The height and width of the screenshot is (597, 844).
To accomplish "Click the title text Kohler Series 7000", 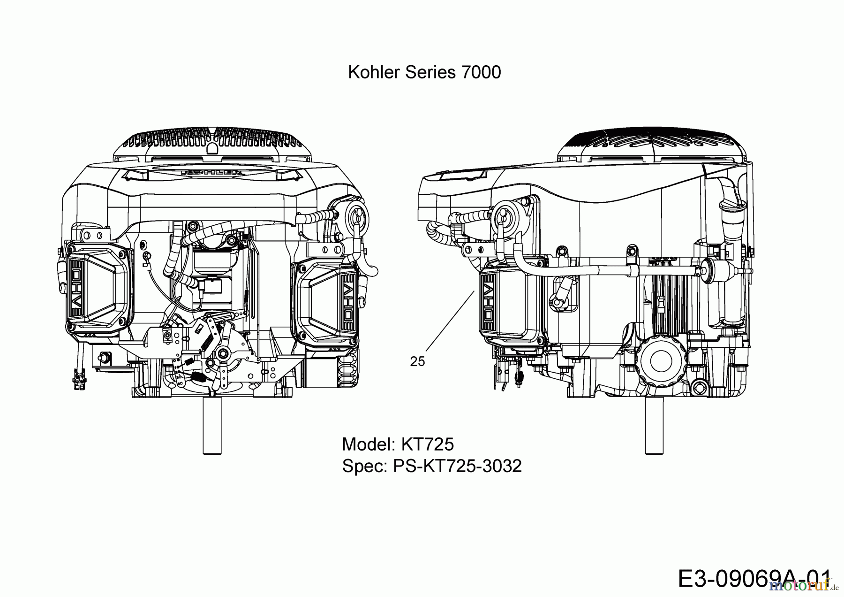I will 424,72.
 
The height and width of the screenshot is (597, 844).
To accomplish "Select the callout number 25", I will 417,361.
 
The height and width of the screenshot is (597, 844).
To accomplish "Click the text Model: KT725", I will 398,444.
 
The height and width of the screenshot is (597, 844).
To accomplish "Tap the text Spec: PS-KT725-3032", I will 431,466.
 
